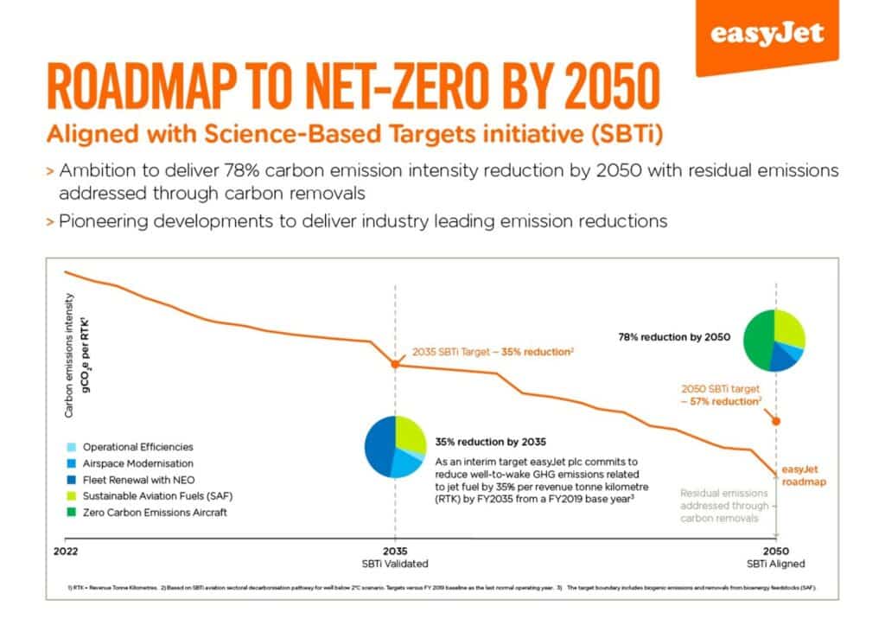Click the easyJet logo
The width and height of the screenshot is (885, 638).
767,35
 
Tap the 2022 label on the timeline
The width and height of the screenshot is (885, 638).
65,551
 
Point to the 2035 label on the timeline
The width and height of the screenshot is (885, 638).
395,551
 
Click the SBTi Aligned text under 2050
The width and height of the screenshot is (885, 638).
775,564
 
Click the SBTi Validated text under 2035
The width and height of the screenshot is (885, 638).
395,564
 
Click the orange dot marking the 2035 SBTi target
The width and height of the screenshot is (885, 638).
395,364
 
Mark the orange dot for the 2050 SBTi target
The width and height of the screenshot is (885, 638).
775,421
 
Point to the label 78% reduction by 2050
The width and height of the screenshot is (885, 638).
674,337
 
